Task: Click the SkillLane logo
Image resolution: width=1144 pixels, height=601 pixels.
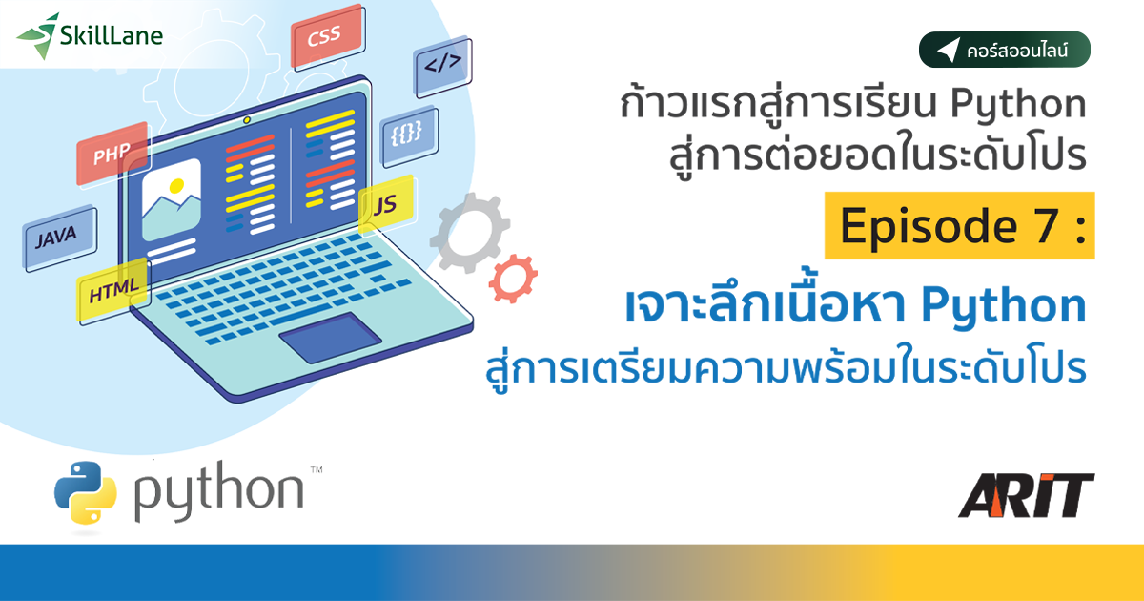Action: pos(91,36)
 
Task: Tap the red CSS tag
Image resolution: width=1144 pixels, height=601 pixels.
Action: pos(324,39)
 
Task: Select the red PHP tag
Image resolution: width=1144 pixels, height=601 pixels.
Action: pos(112,153)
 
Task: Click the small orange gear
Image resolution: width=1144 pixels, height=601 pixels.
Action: pos(513,279)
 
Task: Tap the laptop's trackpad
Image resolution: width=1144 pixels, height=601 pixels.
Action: pos(330,337)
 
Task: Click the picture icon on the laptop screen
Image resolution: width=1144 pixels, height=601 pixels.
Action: pos(172,198)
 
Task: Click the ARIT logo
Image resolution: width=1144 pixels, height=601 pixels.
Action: pos(1026,495)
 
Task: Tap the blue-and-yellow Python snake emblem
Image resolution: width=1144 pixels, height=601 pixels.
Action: pos(86,492)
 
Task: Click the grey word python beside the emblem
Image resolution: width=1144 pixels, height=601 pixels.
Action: pos(218,492)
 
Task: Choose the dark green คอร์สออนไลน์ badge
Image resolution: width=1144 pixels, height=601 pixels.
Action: pos(1004,51)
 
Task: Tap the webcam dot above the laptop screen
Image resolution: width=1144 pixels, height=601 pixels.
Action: pos(247,120)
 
